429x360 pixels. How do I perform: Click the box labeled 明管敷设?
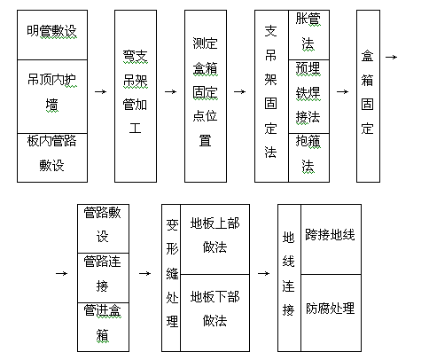pos(52,35)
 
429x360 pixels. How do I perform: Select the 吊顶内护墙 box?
pos(52,97)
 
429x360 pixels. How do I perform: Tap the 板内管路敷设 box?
pos(52,158)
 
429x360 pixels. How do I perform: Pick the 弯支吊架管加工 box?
pos(136,96)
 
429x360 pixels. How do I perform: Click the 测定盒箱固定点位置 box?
pos(206,96)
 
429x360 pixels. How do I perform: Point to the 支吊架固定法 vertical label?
pos(270,91)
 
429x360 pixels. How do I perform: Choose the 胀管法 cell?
pos(308,35)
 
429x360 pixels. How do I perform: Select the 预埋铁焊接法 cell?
pos(308,97)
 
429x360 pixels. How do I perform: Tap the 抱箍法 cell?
pos(308,158)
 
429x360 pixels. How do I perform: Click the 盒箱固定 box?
pos(368,96)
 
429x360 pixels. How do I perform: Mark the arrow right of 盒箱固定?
pos(392,57)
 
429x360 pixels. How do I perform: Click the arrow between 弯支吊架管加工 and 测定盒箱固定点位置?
pos(171,92)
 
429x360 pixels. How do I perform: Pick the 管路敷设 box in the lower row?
pos(103,229)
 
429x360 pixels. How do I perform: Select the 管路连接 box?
pos(103,278)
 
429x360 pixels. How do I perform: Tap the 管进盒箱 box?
pos(103,327)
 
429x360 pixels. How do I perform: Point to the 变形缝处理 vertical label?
pos(172,273)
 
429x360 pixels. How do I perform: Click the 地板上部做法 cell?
pos(215,239)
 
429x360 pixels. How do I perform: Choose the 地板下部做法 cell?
pos(215,313)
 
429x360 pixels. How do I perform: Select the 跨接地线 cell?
pos(331,239)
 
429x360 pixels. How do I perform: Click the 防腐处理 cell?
pos(331,313)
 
